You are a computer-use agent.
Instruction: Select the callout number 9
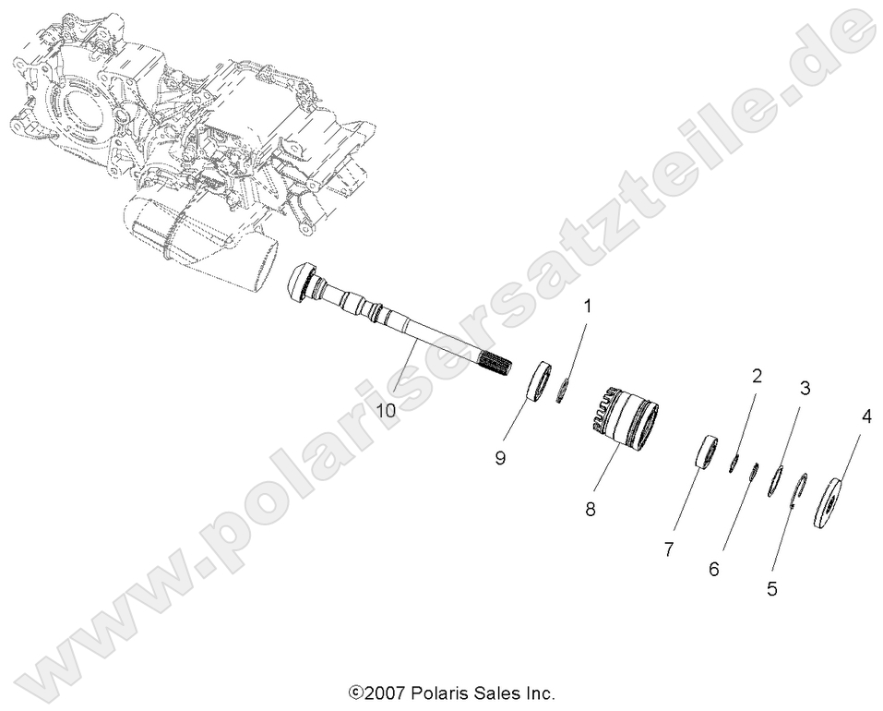click(499, 457)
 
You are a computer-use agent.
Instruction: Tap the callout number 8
click(591, 509)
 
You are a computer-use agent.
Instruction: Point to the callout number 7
click(669, 548)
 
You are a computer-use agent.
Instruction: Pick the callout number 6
click(713, 570)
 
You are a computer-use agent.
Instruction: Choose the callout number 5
click(771, 588)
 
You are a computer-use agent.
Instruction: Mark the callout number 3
click(805, 389)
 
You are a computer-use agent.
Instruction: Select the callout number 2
click(757, 376)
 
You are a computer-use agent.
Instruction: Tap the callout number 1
click(587, 304)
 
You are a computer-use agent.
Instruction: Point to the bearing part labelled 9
click(540, 382)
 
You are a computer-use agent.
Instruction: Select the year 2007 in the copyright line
click(384, 692)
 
